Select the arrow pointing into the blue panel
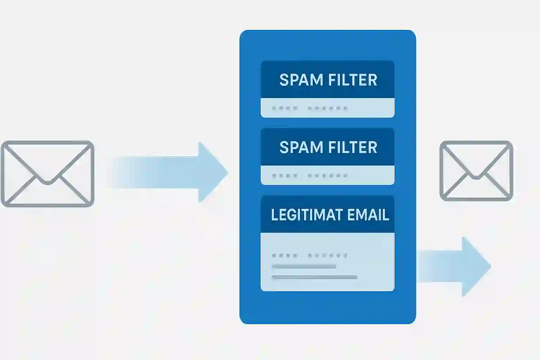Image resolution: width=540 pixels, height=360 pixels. [x=169, y=172]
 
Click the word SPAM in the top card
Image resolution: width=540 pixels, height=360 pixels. [x=301, y=80]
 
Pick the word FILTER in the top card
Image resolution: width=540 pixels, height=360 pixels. [x=353, y=80]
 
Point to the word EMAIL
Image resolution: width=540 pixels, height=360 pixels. [x=368, y=214]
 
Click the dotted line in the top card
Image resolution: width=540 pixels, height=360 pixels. [x=310, y=108]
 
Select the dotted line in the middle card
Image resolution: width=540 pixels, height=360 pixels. [x=310, y=175]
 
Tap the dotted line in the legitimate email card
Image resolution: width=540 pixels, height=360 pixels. [x=310, y=255]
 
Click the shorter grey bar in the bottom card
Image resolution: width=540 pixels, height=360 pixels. [x=304, y=266]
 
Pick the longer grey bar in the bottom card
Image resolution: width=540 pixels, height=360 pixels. [x=314, y=277]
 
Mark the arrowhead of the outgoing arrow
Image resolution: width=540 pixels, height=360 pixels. [x=476, y=266]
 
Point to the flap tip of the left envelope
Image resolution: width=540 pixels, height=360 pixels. [x=47, y=183]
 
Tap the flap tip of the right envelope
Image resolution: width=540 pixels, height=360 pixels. [x=476, y=178]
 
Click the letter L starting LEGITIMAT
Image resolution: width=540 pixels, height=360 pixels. [x=275, y=214]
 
